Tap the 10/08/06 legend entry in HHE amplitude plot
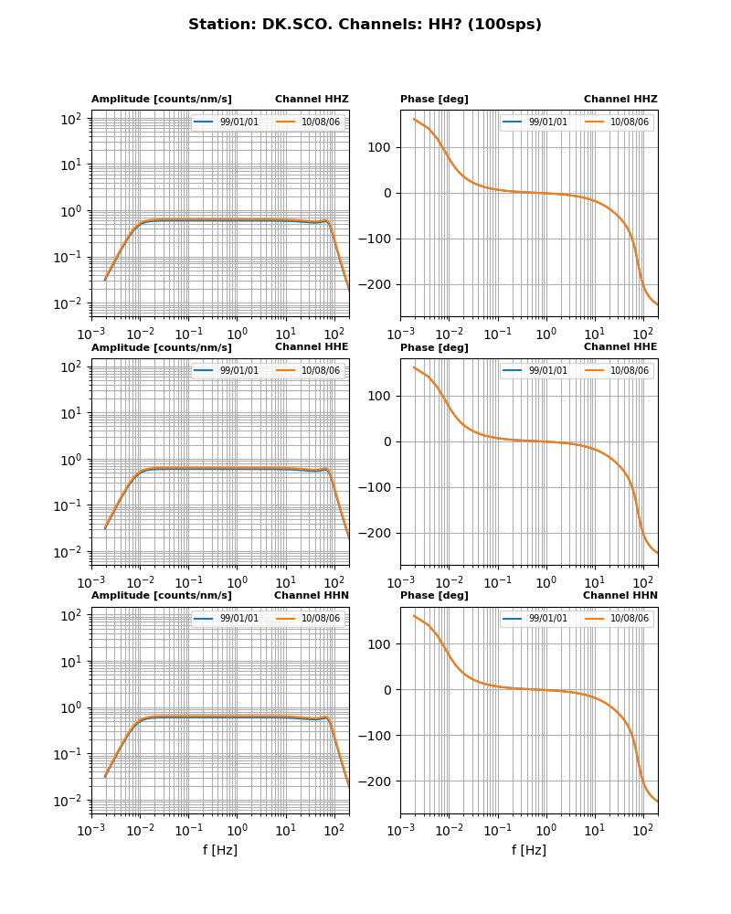[x=321, y=370]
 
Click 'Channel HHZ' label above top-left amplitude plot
[x=312, y=99]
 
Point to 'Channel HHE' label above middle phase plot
[x=620, y=346]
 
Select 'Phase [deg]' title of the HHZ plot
[x=434, y=99]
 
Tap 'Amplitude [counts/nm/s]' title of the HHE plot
[x=162, y=347]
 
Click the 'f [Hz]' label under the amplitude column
[x=220, y=850]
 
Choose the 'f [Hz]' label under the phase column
[x=529, y=850]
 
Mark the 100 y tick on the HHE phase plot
[x=380, y=396]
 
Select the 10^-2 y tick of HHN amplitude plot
[x=70, y=801]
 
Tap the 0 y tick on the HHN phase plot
[x=388, y=690]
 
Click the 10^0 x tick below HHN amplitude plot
[x=238, y=829]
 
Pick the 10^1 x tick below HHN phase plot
[x=595, y=829]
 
